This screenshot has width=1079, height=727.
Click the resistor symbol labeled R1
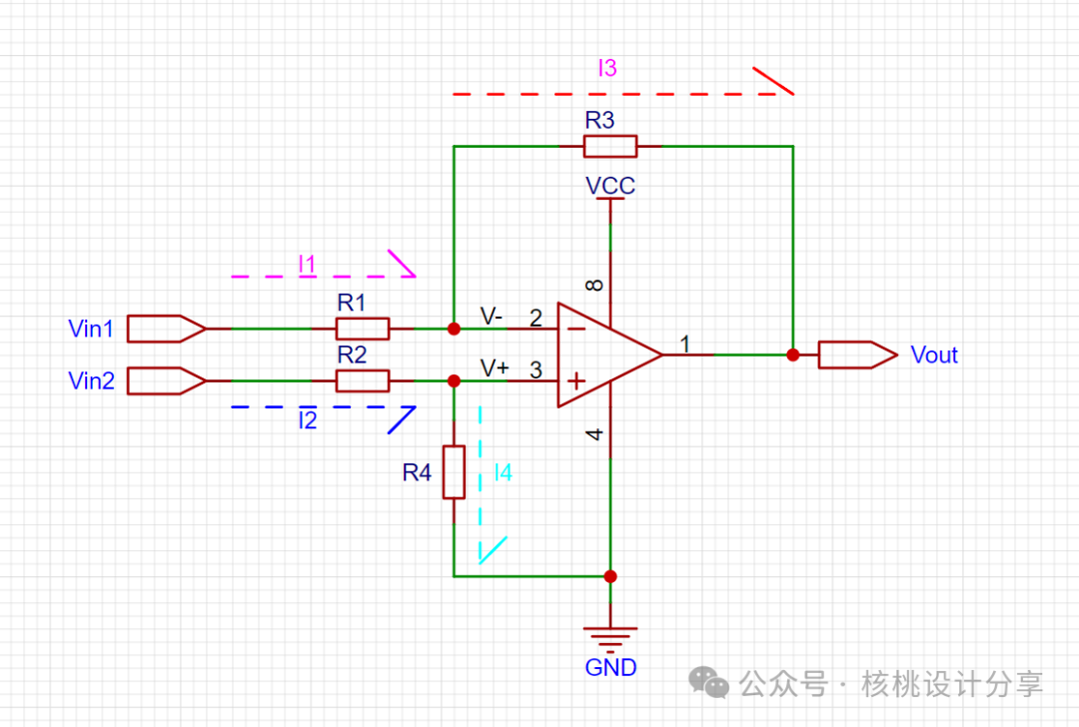363,329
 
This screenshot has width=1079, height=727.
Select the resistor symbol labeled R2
363,381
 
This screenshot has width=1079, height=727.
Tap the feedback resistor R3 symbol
610,147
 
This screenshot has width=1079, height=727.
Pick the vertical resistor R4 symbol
455,471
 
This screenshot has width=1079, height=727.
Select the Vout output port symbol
858,355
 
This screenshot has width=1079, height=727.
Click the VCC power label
610,186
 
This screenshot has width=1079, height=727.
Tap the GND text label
610,667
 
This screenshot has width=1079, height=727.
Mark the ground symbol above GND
610,638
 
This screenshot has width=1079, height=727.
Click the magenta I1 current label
307,264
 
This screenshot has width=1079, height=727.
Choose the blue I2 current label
308,419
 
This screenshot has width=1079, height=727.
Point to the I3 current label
607,68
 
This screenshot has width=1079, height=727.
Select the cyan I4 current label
503,472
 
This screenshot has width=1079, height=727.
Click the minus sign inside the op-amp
576,329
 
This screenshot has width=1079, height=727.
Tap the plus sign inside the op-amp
576,380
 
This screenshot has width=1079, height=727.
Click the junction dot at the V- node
455,329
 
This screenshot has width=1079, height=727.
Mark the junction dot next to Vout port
793,355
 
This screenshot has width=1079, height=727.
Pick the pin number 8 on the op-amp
594,285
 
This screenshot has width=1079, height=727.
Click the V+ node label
495,368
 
